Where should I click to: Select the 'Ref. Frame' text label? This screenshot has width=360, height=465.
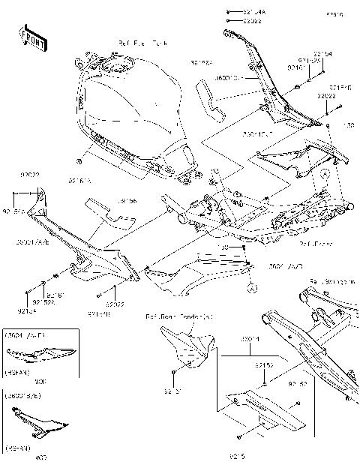point(316,244)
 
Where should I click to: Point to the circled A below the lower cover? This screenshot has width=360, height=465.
point(252,286)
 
